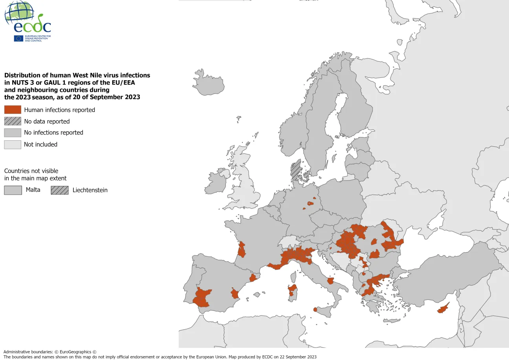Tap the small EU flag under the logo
[x=18, y=38]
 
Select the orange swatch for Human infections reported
[x=13, y=110]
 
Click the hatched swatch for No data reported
[x=13, y=121]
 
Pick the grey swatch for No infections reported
[x=13, y=133]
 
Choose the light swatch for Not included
[x=13, y=145]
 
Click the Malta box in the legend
[x=13, y=190]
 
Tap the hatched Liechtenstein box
[x=59, y=190]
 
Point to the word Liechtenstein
[x=90, y=190]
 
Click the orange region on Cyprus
[x=443, y=309]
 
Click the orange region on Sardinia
[x=292, y=290]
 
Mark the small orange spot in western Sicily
[x=315, y=310]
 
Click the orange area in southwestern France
[x=242, y=250]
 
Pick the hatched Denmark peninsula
[x=296, y=169]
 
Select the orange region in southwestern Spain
[x=202, y=298]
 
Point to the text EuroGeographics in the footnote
[x=75, y=352]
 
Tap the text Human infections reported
[x=59, y=110]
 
